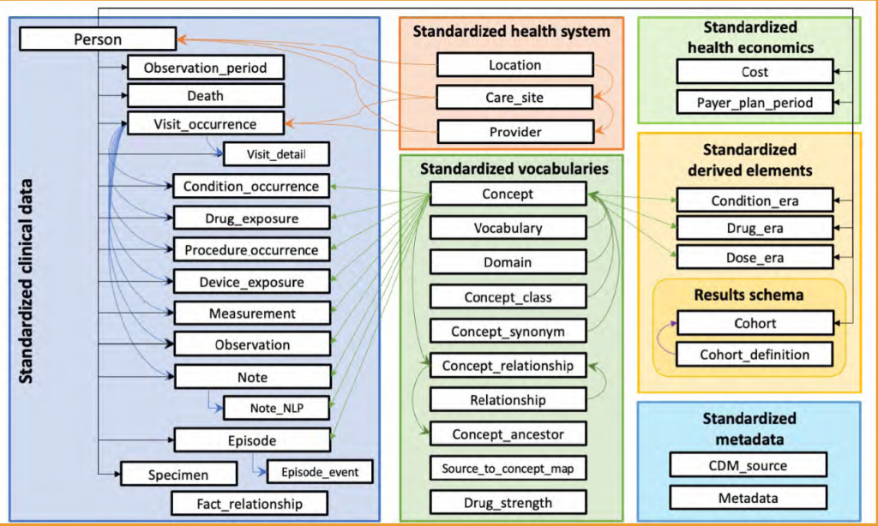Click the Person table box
[98, 39]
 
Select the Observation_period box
[205, 68]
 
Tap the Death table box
[205, 96]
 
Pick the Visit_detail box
[276, 154]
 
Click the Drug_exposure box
[252, 218]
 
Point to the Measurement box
[252, 314]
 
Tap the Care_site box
[514, 98]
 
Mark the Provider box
[514, 131]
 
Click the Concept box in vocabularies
[508, 194]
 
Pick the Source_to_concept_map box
[508, 469]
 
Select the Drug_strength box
[508, 502]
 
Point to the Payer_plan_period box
[755, 103]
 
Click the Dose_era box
[755, 257]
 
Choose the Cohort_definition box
[755, 355]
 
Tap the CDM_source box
[749, 465]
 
